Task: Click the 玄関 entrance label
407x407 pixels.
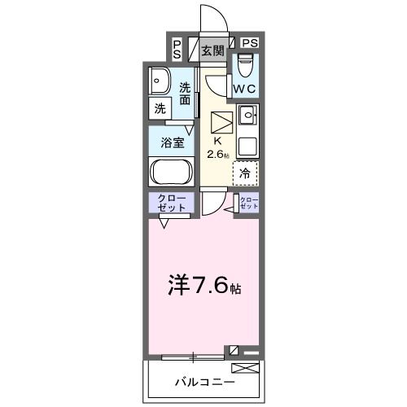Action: pyautogui.click(x=212, y=50)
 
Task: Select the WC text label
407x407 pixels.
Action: pyautogui.click(x=244, y=88)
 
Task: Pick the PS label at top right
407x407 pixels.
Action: pyautogui.click(x=249, y=43)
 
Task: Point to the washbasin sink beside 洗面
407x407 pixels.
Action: pyautogui.click(x=159, y=81)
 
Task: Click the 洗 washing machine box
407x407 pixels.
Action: pyautogui.click(x=159, y=107)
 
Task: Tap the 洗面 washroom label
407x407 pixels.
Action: pyautogui.click(x=186, y=94)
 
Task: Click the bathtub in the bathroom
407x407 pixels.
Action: pyautogui.click(x=171, y=173)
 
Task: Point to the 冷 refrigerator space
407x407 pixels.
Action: pyautogui.click(x=245, y=173)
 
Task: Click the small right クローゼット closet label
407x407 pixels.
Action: pyautogui.click(x=247, y=203)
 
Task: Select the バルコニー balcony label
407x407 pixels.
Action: pyautogui.click(x=203, y=382)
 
